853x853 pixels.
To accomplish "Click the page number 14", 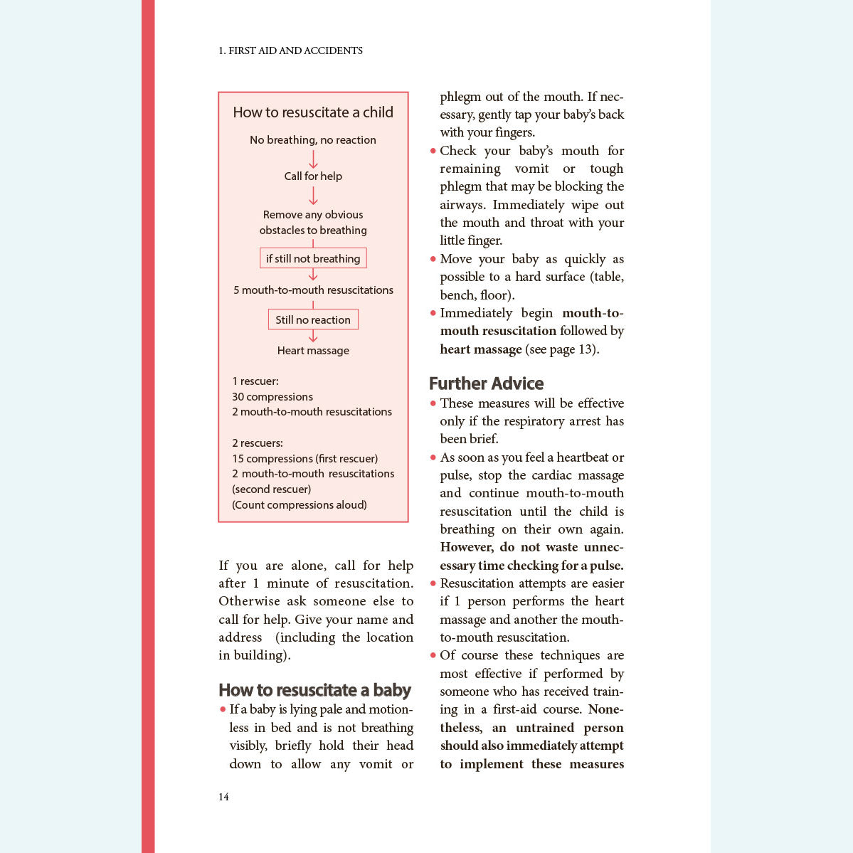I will [x=223, y=797].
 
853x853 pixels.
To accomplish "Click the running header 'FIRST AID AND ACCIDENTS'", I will [x=295, y=51].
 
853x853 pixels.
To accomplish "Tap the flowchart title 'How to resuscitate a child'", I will [x=313, y=112].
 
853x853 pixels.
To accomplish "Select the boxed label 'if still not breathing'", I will [x=313, y=258].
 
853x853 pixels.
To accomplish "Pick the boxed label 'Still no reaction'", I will [x=313, y=319].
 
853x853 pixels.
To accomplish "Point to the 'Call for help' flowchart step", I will [x=313, y=176].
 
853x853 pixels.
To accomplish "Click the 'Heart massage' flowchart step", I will [x=313, y=350].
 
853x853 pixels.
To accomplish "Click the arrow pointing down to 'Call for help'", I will [x=313, y=159].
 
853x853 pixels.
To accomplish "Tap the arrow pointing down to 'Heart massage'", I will [x=313, y=336].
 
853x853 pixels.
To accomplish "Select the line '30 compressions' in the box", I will [x=272, y=396].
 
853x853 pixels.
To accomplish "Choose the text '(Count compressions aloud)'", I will [x=300, y=504].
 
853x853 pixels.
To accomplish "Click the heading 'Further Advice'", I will [x=486, y=383].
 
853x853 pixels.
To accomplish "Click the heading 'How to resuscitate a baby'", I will [x=314, y=690].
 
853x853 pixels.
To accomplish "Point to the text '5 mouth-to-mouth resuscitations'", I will [x=313, y=290].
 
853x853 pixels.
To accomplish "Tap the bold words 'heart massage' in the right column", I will [x=481, y=349].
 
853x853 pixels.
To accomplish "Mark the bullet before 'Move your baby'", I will [x=433, y=259].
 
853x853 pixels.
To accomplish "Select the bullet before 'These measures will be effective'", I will [x=433, y=403].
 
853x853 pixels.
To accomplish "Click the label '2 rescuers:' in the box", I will [x=257, y=443].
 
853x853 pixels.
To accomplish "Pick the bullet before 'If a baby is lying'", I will [x=223, y=709].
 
